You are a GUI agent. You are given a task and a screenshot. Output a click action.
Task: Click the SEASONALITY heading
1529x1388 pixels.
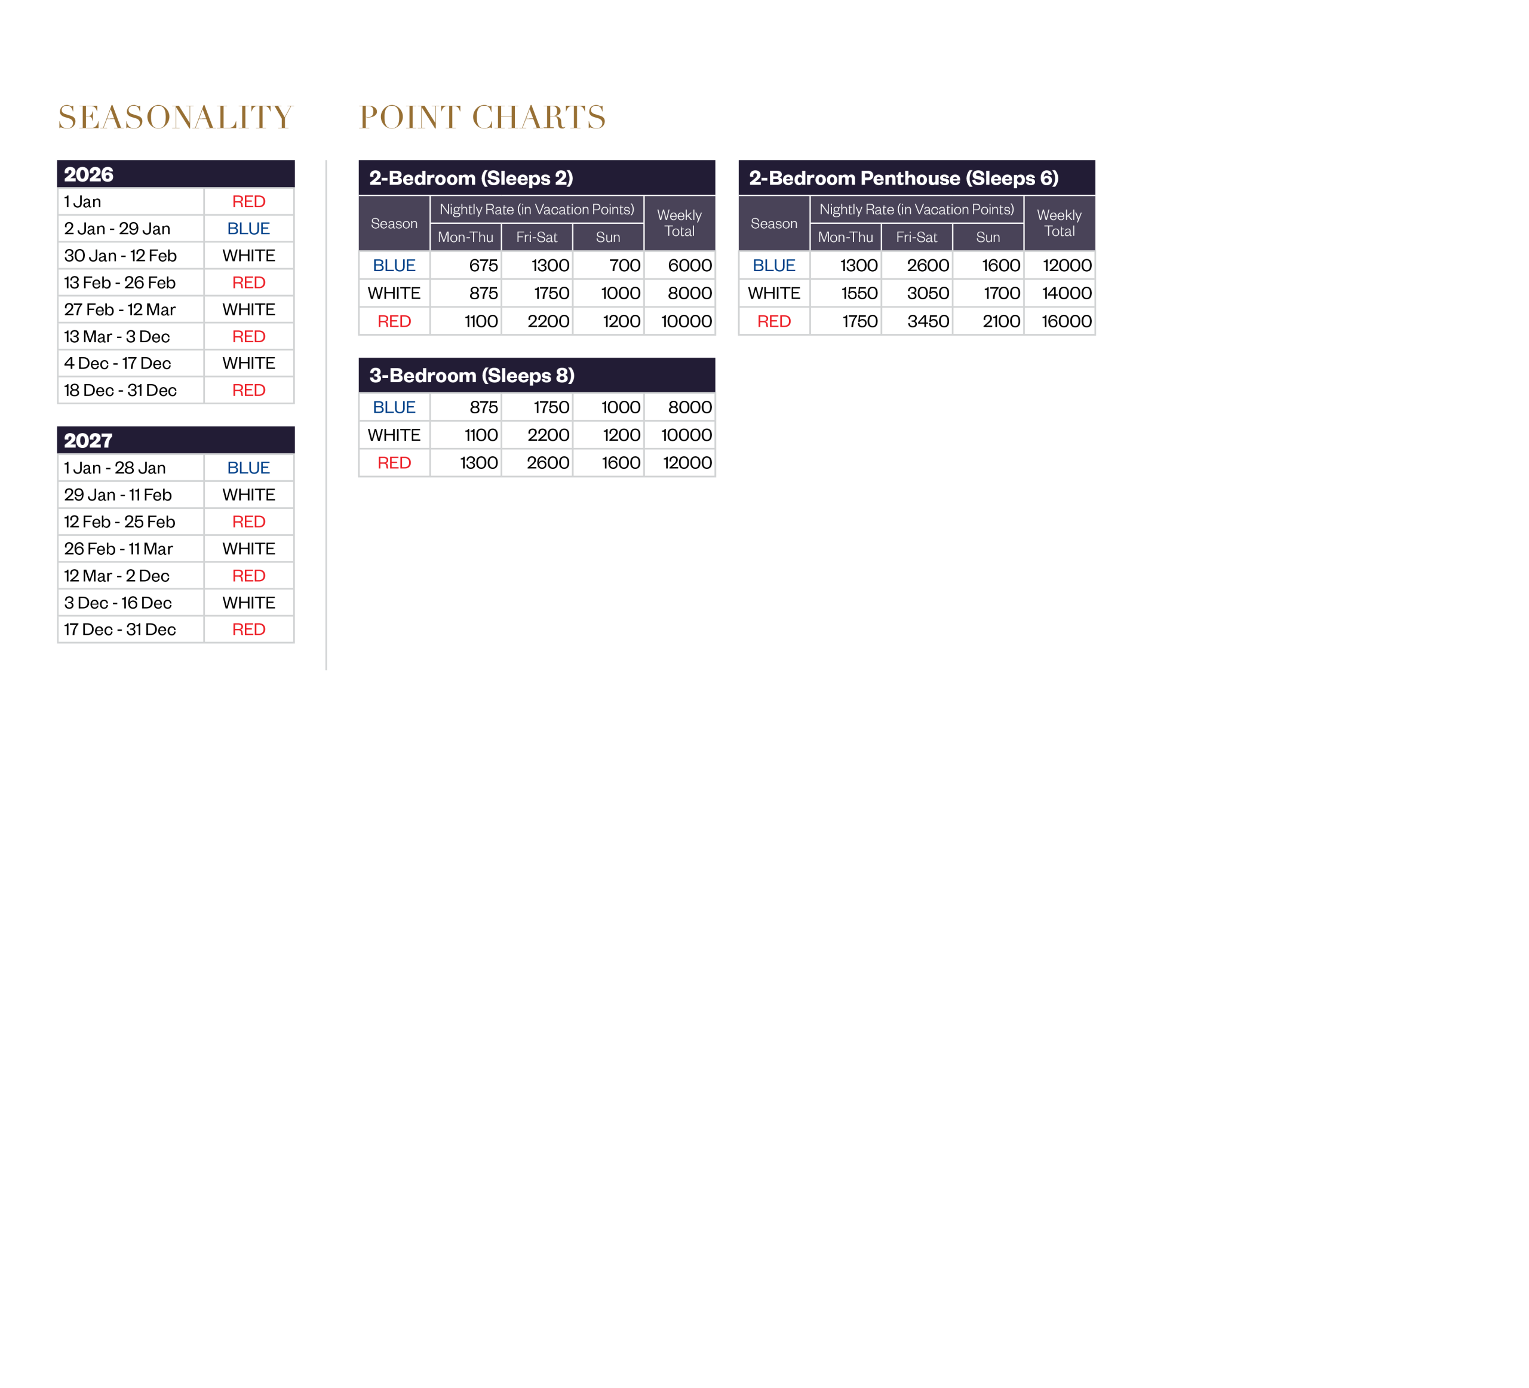175,118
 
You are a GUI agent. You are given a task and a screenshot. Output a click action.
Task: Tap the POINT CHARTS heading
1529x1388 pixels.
481,118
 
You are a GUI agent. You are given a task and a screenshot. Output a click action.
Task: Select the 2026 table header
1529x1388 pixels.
89,174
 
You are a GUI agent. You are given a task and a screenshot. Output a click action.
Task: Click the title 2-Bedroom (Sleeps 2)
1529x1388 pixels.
471,178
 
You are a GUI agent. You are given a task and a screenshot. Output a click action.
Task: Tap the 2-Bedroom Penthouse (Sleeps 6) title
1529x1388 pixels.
903,178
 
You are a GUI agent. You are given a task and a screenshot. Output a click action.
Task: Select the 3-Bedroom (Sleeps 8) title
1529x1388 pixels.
472,376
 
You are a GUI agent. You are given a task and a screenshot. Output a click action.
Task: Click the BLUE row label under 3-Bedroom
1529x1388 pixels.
394,407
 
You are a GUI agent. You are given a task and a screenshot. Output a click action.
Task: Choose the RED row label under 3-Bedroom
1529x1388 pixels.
394,463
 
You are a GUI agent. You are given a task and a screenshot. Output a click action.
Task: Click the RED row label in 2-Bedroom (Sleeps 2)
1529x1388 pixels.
394,321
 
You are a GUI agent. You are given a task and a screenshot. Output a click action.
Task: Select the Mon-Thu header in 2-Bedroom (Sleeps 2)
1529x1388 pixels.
466,237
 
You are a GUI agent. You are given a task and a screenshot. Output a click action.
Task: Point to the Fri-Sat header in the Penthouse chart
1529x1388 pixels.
916,237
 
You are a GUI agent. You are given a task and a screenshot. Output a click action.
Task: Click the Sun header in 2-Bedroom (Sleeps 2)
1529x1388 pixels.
608,237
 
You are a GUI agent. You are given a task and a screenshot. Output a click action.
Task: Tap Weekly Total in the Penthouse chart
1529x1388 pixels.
1059,223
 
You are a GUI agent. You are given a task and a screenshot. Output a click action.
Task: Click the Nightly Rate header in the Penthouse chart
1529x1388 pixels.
916,210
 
